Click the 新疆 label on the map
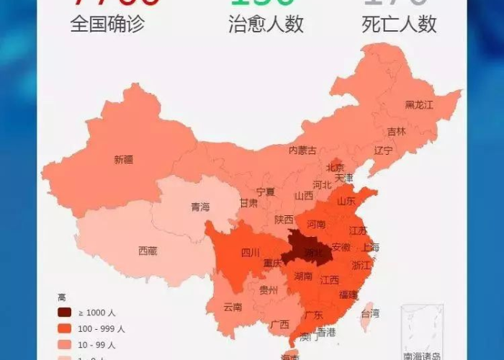pyautogui.click(x=123, y=160)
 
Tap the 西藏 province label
pyautogui.click(x=148, y=251)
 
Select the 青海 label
pyautogui.click(x=200, y=207)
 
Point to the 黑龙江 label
pyautogui.click(x=419, y=105)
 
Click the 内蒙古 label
pyautogui.click(x=302, y=150)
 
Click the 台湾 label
pyautogui.click(x=370, y=313)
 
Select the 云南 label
pyautogui.click(x=233, y=307)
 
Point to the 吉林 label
pyautogui.click(x=397, y=132)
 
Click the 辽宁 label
pyautogui.click(x=384, y=150)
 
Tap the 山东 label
pyautogui.click(x=346, y=202)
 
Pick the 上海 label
pyautogui.click(x=370, y=247)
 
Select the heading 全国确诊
pyautogui.click(x=107, y=24)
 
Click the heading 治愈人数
pyautogui.click(x=266, y=24)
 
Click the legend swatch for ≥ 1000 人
pyautogui.click(x=65, y=312)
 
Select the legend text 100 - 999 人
pyautogui.click(x=102, y=328)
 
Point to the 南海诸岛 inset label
pyautogui.click(x=423, y=356)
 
